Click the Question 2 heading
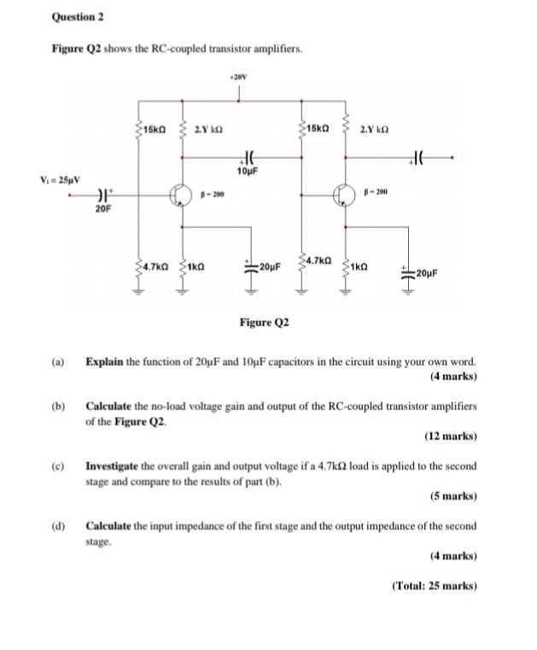pos(78,16)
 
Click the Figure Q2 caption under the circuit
pos(264,323)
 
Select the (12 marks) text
pos(450,436)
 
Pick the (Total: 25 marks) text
pos(434,586)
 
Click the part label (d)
pos(59,526)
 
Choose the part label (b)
pos(59,407)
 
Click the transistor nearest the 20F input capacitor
pos(179,195)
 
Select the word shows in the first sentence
pos(117,51)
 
